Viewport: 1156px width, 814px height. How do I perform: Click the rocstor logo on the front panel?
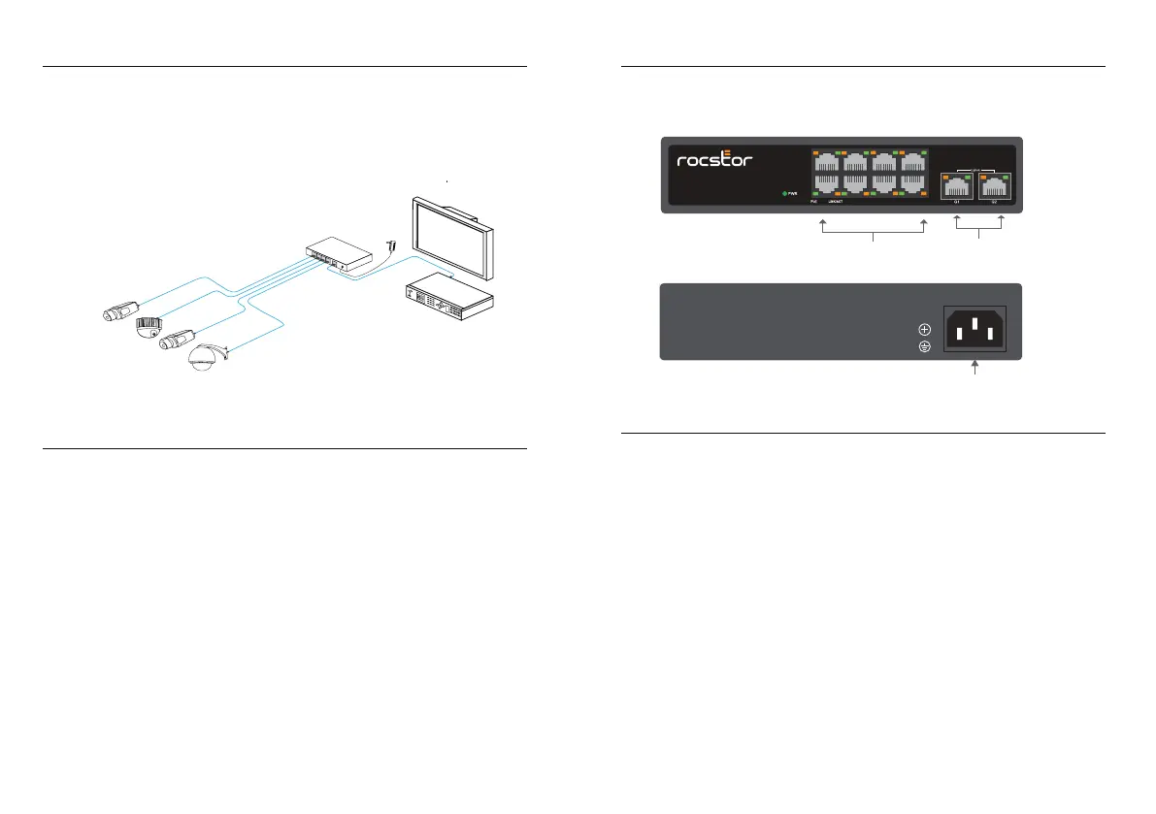714,158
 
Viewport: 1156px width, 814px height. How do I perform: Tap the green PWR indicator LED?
784,194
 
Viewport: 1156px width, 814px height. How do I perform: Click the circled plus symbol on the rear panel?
924,330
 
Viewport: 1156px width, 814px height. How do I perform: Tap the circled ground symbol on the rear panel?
924,347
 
